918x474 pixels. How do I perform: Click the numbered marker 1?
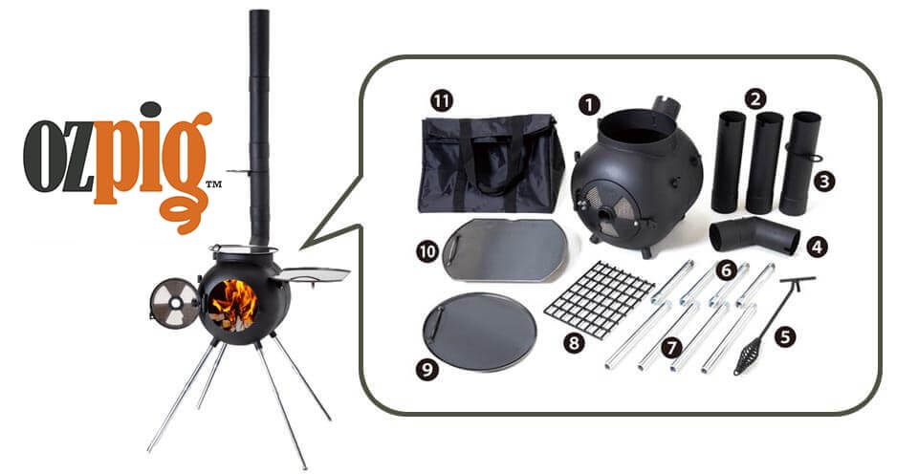(590, 105)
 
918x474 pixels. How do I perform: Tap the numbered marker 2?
(755, 98)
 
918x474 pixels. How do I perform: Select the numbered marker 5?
(785, 336)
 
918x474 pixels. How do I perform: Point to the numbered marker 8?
(574, 342)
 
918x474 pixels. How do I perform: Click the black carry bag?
(491, 163)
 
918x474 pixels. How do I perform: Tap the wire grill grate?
(599, 298)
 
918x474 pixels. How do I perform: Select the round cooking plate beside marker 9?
(479, 332)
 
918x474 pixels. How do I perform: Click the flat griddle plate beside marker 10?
(504, 249)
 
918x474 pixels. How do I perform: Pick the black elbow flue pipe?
(754, 234)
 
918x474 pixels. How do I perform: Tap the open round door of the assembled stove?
(174, 303)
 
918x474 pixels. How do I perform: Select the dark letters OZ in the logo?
(58, 156)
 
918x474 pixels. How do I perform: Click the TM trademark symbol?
(213, 184)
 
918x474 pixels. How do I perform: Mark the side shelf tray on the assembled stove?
(311, 274)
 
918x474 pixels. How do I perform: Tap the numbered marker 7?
(671, 348)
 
